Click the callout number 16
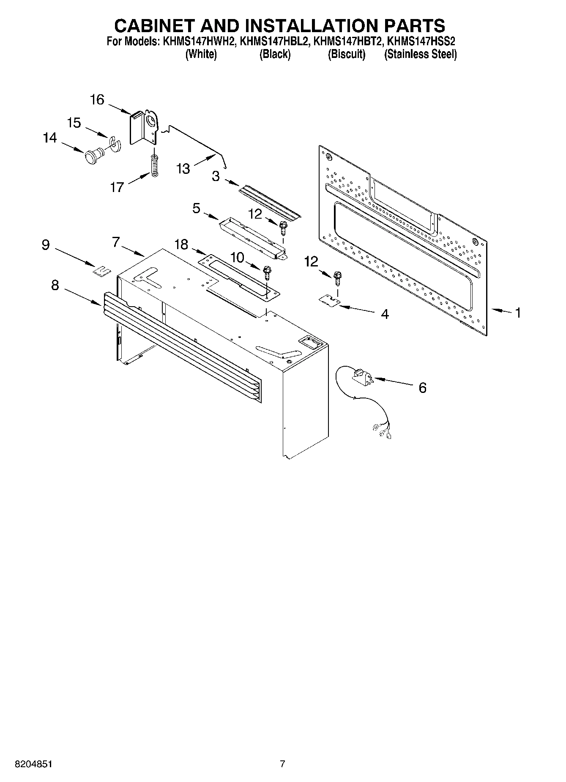(97, 100)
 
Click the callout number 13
(183, 169)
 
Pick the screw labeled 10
(266, 272)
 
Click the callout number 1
(517, 313)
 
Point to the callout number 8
(55, 285)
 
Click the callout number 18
(181, 244)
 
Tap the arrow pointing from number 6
(393, 382)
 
